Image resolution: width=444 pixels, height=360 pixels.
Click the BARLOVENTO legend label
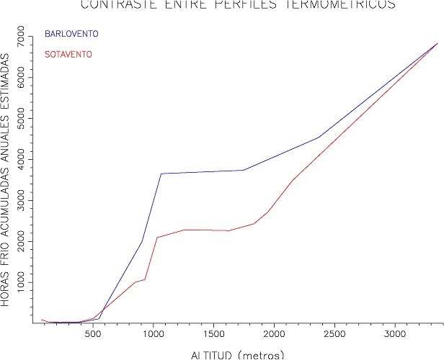click(71, 34)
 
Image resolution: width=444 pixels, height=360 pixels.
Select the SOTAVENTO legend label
click(69, 54)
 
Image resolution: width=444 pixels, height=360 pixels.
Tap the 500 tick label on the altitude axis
click(92, 335)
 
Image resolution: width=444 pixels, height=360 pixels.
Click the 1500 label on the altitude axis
click(213, 335)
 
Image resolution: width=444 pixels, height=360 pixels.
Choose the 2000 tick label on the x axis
click(274, 335)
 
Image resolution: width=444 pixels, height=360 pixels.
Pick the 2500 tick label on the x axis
click(334, 335)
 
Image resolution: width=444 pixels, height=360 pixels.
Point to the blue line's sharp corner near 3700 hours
click(161, 174)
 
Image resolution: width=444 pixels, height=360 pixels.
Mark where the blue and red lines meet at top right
click(438, 44)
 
